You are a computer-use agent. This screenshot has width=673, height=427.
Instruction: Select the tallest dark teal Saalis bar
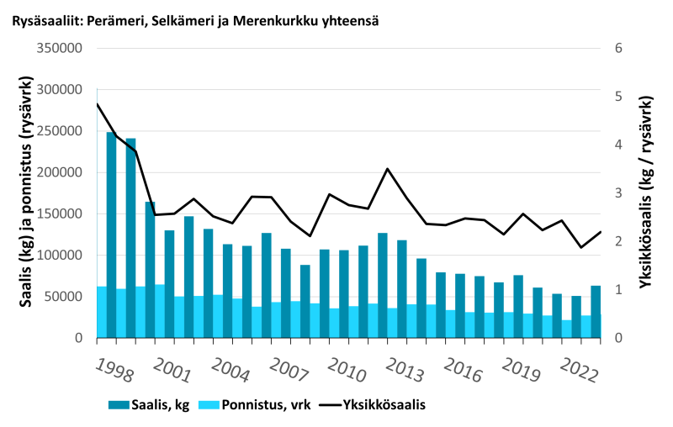[x=111, y=235]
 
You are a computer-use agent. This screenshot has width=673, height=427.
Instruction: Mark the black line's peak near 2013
[x=387, y=169]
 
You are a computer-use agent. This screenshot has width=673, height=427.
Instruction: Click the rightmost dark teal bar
[x=596, y=312]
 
